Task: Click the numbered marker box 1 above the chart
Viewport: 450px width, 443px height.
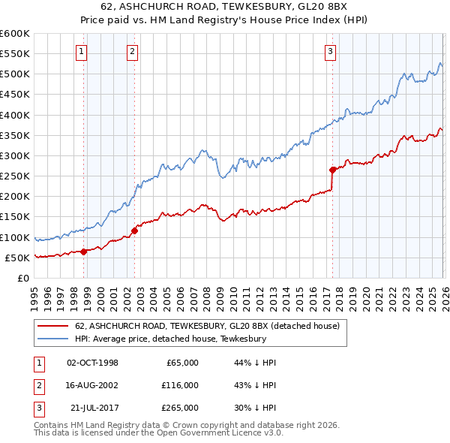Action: tap(81, 52)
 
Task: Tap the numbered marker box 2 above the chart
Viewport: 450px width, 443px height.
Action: tap(132, 52)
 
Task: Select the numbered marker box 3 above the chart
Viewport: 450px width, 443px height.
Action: tap(330, 52)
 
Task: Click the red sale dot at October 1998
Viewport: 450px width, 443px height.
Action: tap(84, 252)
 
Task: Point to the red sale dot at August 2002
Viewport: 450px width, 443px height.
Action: tap(135, 231)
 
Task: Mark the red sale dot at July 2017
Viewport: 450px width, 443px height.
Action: tap(332, 170)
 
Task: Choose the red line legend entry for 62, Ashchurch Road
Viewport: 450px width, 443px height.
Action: tap(208, 326)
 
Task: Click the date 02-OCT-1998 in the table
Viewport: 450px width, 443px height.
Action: tap(92, 363)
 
